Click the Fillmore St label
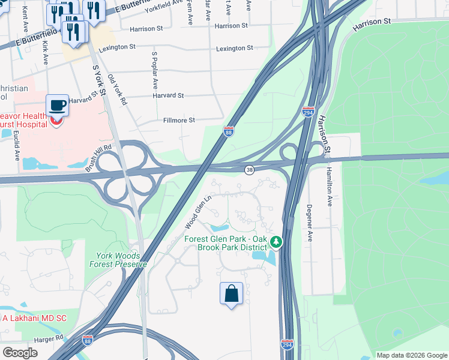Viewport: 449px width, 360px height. [x=179, y=120]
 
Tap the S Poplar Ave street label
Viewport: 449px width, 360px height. [x=154, y=70]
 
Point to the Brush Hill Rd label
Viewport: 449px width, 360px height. [x=98, y=158]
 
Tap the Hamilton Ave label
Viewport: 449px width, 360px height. [x=329, y=187]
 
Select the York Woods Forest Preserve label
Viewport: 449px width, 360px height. [x=118, y=260]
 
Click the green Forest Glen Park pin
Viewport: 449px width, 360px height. [x=276, y=242]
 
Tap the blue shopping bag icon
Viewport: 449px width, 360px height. [x=231, y=294]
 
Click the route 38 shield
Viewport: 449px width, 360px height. [x=249, y=170]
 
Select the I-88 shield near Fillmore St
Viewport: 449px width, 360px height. [x=229, y=131]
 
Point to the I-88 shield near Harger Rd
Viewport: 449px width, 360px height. [x=88, y=340]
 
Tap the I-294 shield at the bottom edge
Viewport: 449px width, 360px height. [x=287, y=344]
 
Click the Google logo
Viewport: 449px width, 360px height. [x=20, y=353]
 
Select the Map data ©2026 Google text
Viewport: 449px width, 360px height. [x=411, y=355]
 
